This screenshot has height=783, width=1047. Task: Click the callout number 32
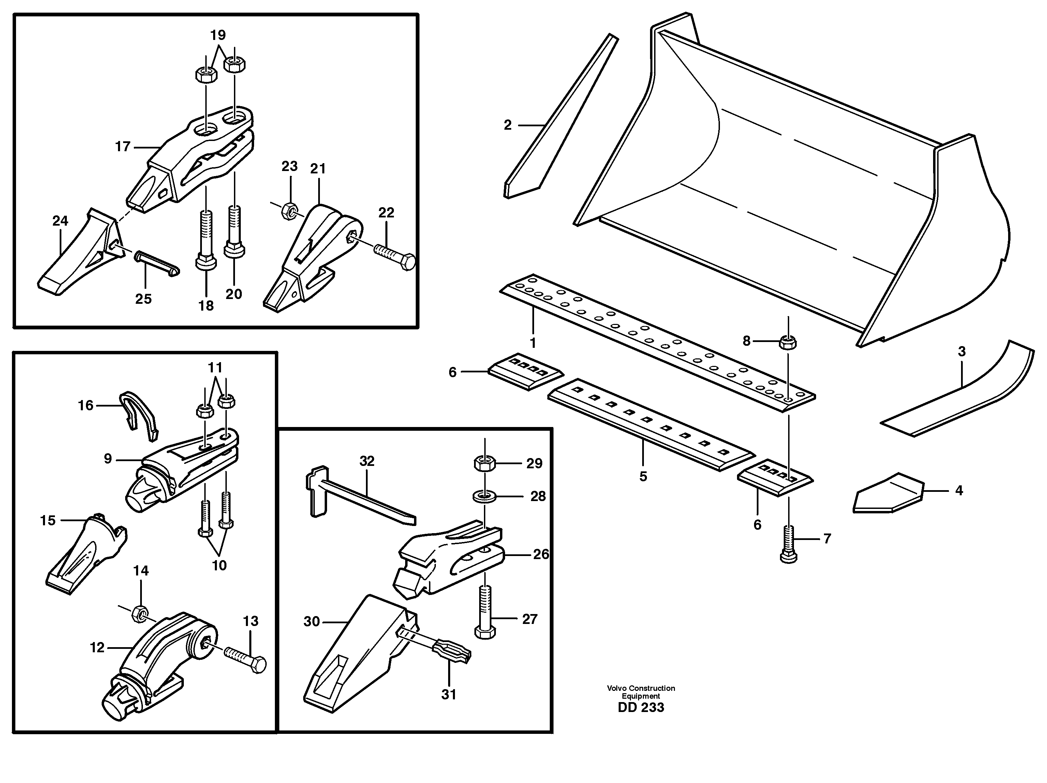[x=367, y=461]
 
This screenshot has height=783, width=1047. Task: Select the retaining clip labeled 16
[x=139, y=414]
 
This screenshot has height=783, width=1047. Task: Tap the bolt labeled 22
[x=395, y=255]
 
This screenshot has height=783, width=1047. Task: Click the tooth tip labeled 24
[x=78, y=256]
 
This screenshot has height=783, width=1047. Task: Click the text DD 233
[x=641, y=708]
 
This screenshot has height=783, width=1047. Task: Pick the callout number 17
[x=122, y=147]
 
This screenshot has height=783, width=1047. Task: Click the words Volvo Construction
[x=641, y=688]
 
